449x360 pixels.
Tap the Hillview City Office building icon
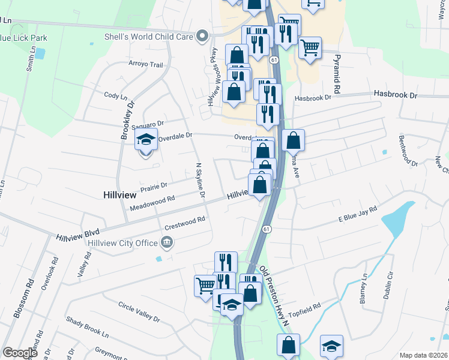(167, 242)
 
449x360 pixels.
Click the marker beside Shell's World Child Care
(202, 36)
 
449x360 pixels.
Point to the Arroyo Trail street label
(146, 64)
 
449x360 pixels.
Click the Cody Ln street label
(116, 95)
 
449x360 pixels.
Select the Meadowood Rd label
(152, 203)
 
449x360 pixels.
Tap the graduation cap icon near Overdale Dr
(146, 140)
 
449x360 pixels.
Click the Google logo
(20, 353)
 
